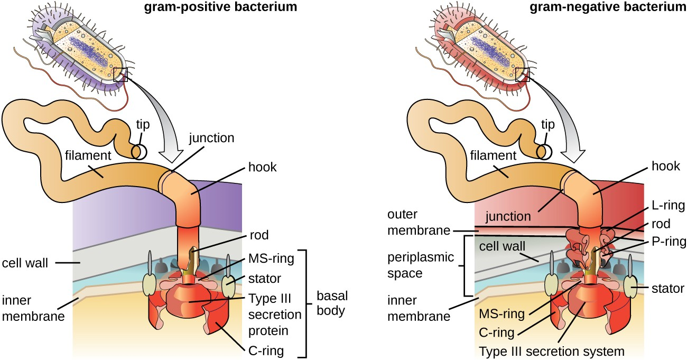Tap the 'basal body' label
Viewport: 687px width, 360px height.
click(x=331, y=302)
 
